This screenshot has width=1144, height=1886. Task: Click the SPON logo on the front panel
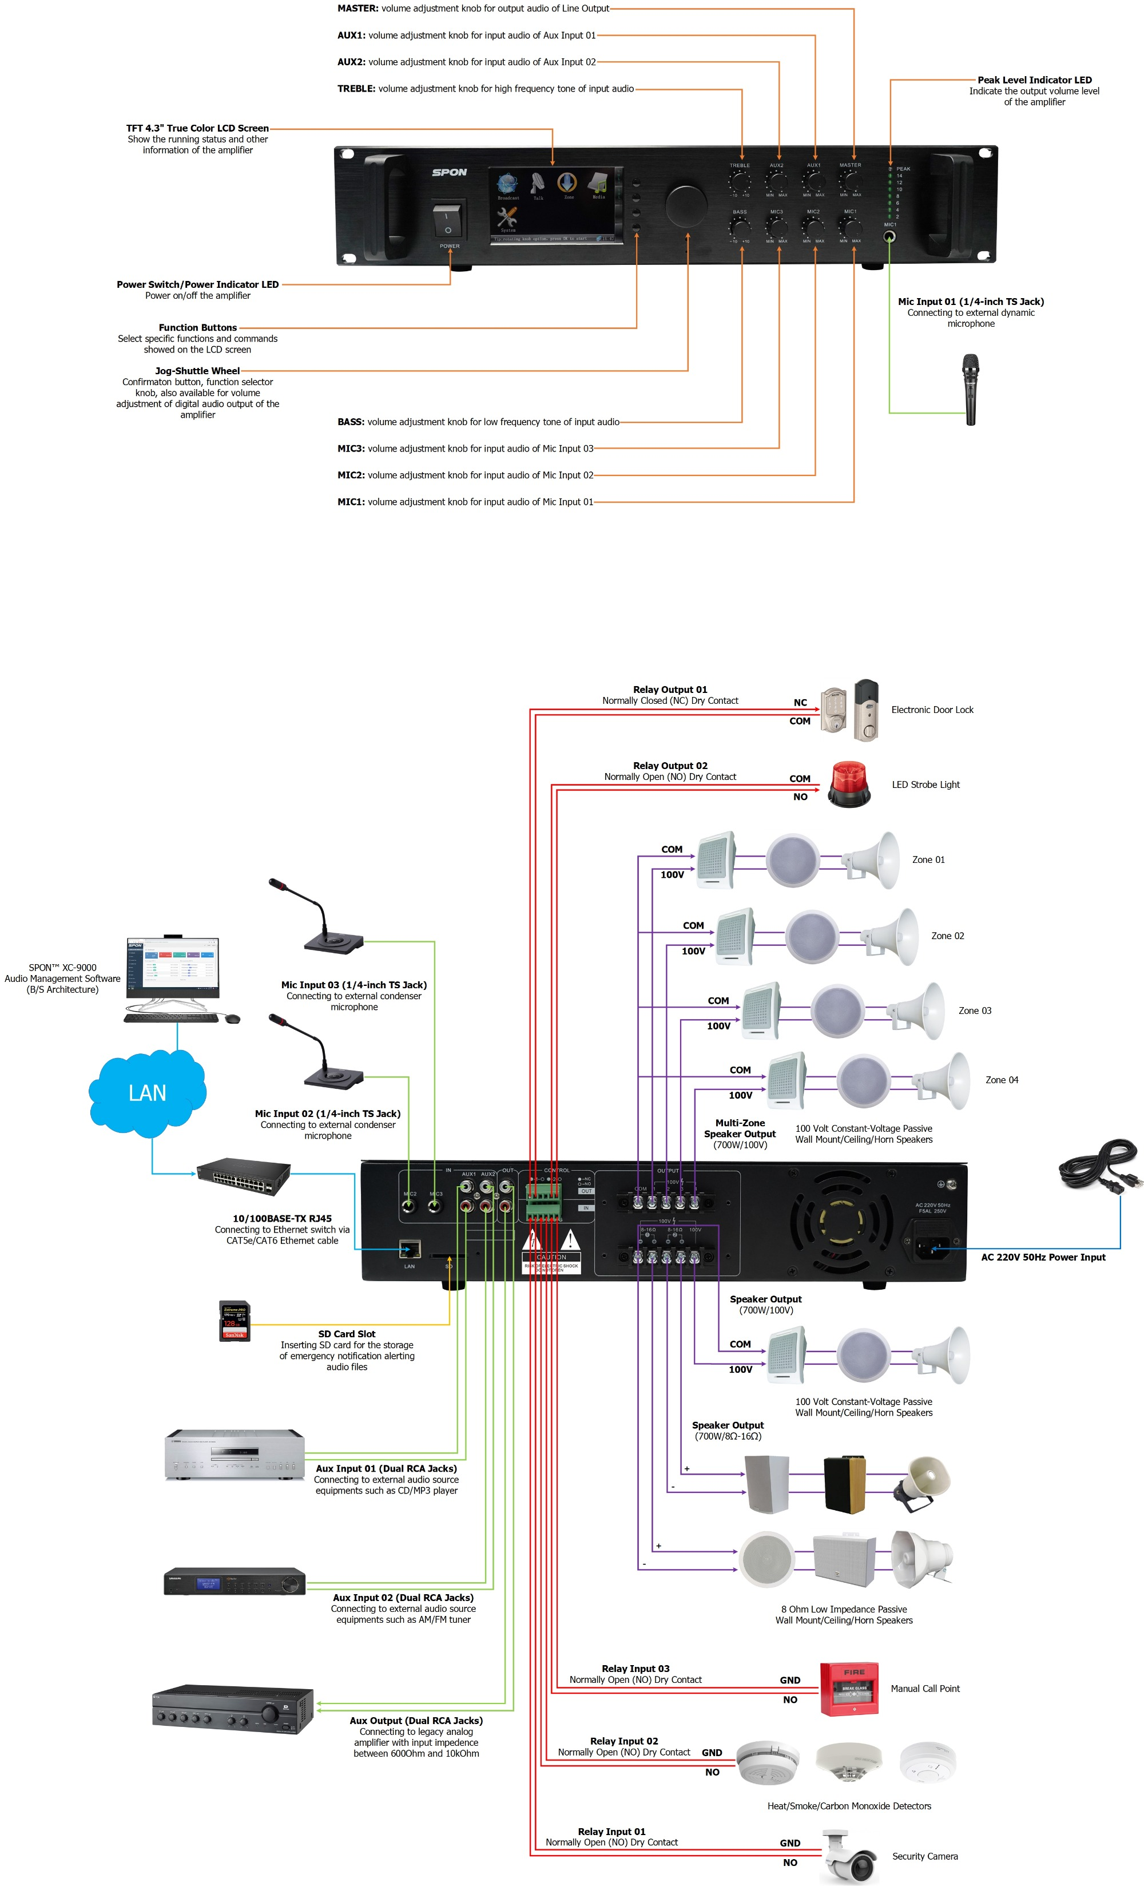[x=449, y=172]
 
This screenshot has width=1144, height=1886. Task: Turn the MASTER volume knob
[x=850, y=181]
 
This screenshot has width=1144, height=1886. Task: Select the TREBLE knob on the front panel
[x=739, y=182]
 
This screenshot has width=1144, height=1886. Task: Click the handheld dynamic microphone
[x=970, y=389]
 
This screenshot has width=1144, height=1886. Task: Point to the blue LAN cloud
[x=147, y=1092]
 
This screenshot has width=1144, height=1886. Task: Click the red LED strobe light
[x=849, y=784]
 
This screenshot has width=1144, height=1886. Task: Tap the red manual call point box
[x=849, y=1689]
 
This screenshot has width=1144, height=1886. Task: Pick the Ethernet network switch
[x=243, y=1176]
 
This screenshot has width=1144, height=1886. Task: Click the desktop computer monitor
[x=172, y=968]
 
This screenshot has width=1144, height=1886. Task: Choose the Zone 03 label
[x=974, y=1011]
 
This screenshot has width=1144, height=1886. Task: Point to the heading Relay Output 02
[x=670, y=766]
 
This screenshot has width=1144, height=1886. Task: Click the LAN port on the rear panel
[x=410, y=1250]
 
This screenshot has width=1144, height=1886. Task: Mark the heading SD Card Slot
[x=347, y=1334]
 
